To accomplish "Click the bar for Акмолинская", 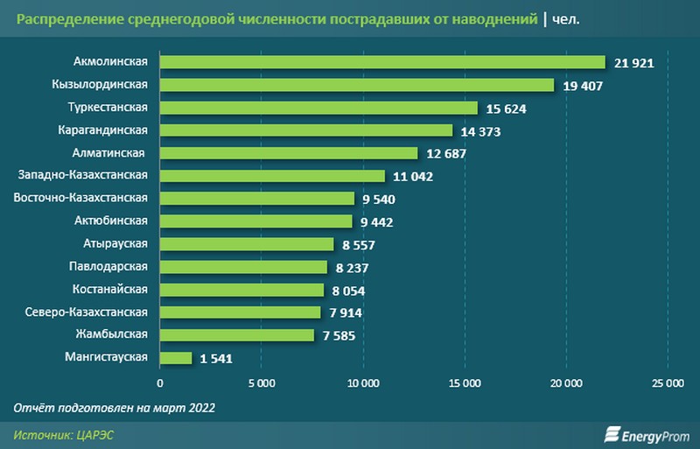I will pyautogui.click(x=382, y=62).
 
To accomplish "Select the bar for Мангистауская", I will pyautogui.click(x=176, y=358).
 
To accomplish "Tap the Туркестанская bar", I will pyautogui.click(x=318, y=108).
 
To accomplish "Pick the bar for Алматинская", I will pyautogui.click(x=289, y=153).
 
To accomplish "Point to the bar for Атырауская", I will pyautogui.click(x=247, y=244).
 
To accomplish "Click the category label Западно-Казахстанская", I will pyautogui.click(x=82, y=175).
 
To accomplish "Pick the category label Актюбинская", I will pyautogui.click(x=109, y=221).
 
